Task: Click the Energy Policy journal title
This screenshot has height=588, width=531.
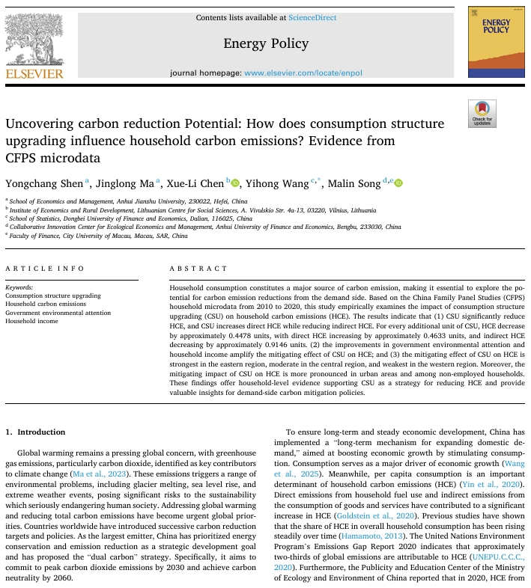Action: [x=266, y=43]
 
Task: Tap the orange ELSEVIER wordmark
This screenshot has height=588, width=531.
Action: [x=35, y=73]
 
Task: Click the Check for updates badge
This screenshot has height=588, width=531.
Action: [x=482, y=113]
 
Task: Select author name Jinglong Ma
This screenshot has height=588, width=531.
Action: [x=115, y=183]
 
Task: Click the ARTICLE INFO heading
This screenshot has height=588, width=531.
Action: [x=44, y=268]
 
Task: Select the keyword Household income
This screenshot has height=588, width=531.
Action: [x=31, y=321]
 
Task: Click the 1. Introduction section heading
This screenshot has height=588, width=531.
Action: [x=35, y=432]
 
